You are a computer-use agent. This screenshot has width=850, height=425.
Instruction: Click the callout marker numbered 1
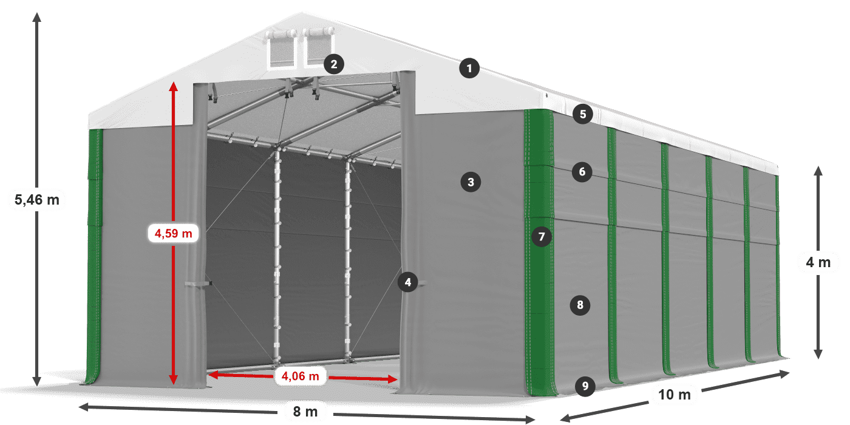[x=469, y=69]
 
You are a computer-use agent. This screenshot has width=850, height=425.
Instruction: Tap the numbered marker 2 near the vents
[x=334, y=63]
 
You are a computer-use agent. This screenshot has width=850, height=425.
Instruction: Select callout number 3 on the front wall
[x=470, y=181]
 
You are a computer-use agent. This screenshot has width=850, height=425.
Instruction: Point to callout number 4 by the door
[x=408, y=282]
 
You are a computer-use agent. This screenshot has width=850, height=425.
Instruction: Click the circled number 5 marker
[x=582, y=114]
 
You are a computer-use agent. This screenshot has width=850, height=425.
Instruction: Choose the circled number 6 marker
[x=582, y=172]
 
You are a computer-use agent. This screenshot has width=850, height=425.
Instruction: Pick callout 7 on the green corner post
[x=542, y=236]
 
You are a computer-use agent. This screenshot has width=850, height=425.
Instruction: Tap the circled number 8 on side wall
[x=580, y=305]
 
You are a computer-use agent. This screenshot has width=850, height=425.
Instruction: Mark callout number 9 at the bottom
[x=584, y=385]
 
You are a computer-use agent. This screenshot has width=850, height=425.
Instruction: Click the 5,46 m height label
[x=36, y=199]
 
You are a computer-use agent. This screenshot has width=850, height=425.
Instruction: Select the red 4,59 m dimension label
[x=174, y=233]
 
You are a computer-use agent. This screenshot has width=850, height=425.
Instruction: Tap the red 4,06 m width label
[x=301, y=376]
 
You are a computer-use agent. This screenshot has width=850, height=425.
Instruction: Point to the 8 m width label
[x=305, y=412]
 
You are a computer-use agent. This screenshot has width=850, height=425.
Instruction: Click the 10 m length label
[x=674, y=395]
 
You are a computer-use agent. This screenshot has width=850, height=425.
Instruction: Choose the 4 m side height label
[x=818, y=262]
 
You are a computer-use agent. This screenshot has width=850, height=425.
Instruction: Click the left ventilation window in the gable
[x=281, y=50]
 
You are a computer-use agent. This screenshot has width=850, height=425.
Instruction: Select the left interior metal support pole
[x=278, y=255]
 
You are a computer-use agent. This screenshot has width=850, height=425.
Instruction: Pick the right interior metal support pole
[x=348, y=255]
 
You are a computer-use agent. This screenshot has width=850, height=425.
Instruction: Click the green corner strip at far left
[x=94, y=255]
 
